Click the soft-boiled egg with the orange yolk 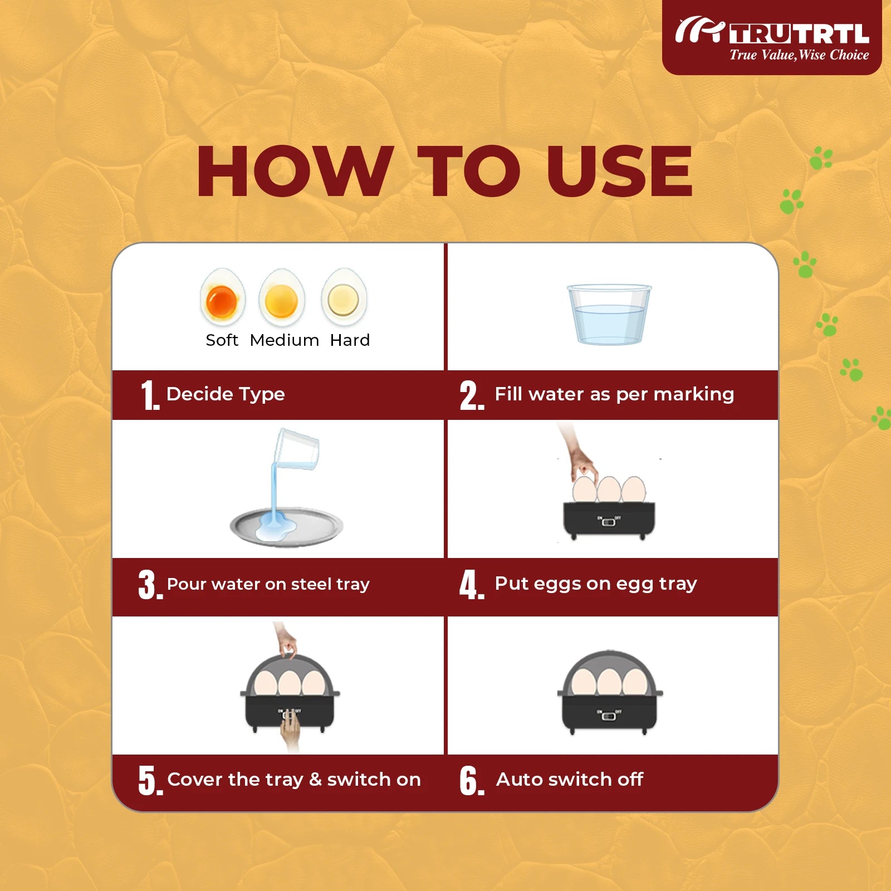coord(223,297)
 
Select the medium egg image coord(282,297)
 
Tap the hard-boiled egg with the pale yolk coord(344,297)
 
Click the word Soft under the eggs coord(222,340)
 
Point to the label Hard coord(350,340)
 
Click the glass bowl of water coord(609,314)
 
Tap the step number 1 coord(150,395)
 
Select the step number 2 coord(471,395)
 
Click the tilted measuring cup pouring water coord(297,449)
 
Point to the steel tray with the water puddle coord(286,526)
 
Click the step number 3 coord(150,585)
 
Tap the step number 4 coord(472,585)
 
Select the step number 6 coord(472,781)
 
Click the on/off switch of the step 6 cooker coord(609,714)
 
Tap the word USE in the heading coord(619,170)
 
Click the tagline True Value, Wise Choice coord(799,55)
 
